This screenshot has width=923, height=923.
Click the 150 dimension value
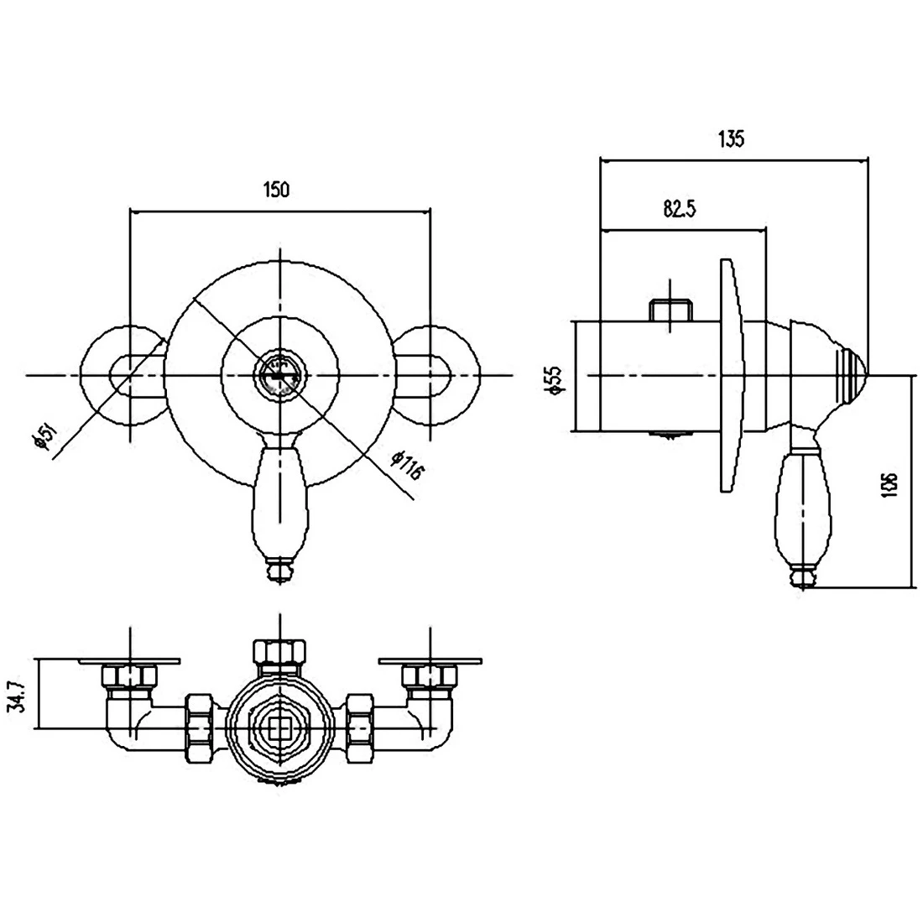point(277,190)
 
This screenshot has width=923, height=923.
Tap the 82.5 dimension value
point(680,209)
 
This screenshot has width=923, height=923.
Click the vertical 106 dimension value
point(890,484)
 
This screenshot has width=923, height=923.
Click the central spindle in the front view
point(279,375)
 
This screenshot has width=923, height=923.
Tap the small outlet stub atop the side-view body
point(672,310)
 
